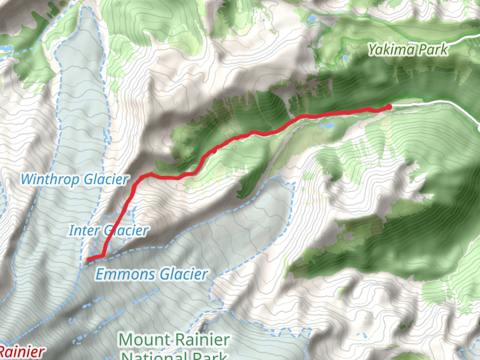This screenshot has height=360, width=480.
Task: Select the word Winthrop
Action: click(x=50, y=179)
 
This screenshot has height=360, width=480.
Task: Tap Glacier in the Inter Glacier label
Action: click(x=125, y=230)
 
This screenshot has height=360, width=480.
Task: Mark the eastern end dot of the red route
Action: click(x=389, y=107)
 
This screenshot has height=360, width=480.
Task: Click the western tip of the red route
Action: click(x=88, y=260)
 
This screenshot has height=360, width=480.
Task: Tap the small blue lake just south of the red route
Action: click(x=328, y=127)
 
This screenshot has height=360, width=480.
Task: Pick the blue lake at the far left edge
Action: click(x=5, y=47)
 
